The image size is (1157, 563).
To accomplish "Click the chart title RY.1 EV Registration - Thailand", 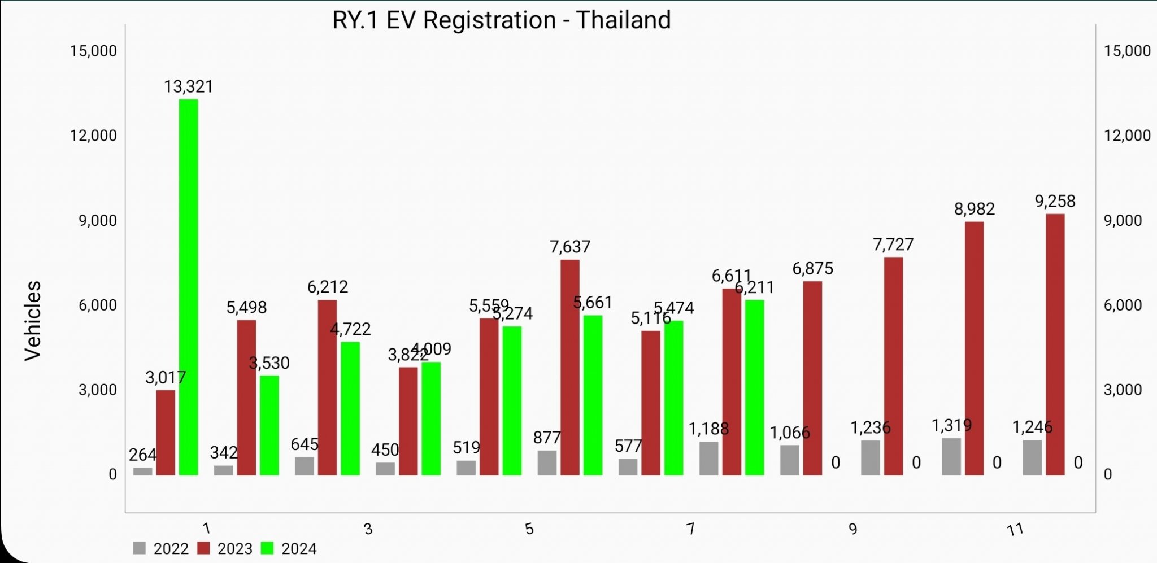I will pos(501,20).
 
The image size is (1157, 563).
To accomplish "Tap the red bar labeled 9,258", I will pos(1055,344).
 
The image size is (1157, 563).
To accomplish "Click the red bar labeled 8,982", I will pos(974,348).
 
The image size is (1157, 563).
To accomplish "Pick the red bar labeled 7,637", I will pos(570,367).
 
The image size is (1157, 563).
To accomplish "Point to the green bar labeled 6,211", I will pos(754,387).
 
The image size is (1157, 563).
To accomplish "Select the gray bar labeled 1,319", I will pos(951,456).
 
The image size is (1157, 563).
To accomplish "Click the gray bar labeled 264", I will pos(143,471).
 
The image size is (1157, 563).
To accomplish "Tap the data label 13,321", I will pos(189,86).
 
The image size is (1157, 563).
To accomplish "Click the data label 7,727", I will pos(893,245).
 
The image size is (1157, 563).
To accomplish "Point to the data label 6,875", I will pos(812,268).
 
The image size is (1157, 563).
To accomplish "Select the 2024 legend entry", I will pos(289,548).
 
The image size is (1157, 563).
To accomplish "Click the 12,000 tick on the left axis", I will pos(93,136).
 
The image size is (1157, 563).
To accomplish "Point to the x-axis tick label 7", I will pos(690,529).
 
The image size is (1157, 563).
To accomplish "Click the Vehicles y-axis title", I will pos(33,320).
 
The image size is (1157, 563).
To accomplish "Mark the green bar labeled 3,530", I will pos(269,425).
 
